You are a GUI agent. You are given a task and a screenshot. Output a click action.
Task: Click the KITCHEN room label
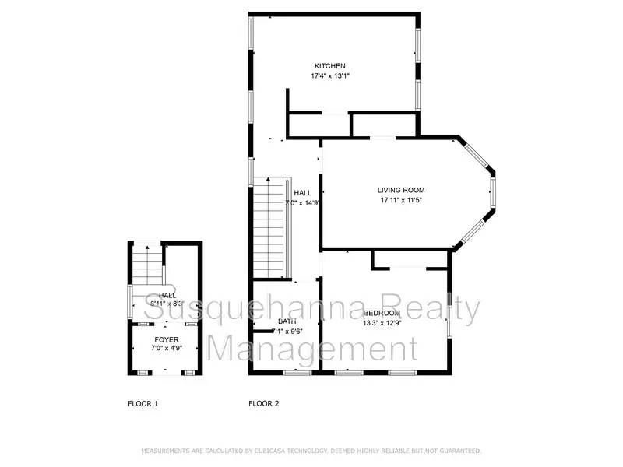(x=329, y=66)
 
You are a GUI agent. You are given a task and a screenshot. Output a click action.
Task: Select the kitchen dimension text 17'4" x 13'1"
(x=329, y=76)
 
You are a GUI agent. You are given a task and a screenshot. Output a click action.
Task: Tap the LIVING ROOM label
(x=401, y=190)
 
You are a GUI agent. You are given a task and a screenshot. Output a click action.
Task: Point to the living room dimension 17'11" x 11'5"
(x=401, y=200)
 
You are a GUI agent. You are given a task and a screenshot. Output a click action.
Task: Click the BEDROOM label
(x=382, y=313)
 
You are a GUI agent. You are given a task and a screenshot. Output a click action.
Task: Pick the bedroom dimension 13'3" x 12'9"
(x=382, y=323)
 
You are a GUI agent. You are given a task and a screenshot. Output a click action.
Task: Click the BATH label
(x=286, y=321)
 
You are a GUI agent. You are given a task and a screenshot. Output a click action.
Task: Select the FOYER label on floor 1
(x=166, y=340)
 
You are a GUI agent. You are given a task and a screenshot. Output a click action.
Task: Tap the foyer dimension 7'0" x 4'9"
(x=166, y=349)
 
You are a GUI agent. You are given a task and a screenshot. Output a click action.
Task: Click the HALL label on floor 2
(x=302, y=193)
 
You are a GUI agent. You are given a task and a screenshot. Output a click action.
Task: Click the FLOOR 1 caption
(x=143, y=403)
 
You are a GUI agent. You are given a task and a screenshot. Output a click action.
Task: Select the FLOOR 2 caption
(x=264, y=403)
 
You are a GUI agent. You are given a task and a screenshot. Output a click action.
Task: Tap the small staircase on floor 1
(x=147, y=265)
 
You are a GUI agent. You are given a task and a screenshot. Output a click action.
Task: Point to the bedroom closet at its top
(x=410, y=259)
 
